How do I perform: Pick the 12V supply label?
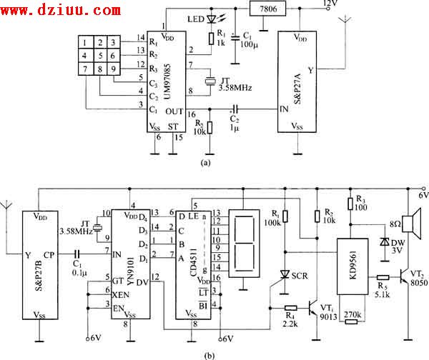(x=331, y=4)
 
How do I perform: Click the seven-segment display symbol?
(x=244, y=244)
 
